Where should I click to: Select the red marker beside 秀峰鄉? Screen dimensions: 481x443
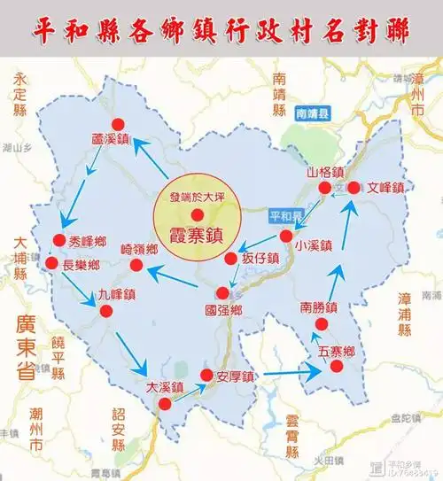click(60, 239)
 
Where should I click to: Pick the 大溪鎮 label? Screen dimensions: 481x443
click(164, 386)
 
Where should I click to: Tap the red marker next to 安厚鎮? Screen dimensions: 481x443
click(207, 376)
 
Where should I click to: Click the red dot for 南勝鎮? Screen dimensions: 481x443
click(320, 326)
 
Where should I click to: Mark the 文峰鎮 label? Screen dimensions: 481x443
click(386, 188)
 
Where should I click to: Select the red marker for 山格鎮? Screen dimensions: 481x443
click(325, 188)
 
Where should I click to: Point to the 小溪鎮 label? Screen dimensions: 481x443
click(315, 246)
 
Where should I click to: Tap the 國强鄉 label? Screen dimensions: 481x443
click(222, 311)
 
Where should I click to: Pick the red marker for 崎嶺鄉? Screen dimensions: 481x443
click(136, 265)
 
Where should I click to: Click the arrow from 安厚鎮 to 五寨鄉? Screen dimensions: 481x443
click(291, 375)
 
